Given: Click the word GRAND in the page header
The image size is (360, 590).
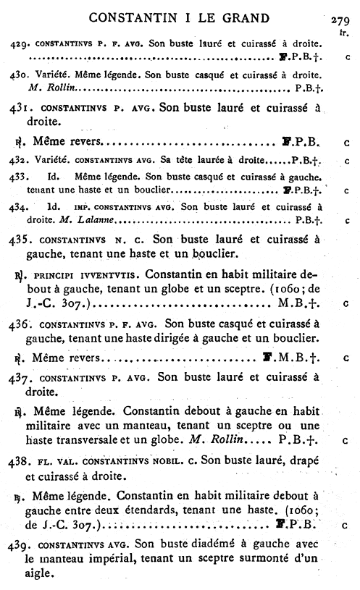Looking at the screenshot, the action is tap(245, 18).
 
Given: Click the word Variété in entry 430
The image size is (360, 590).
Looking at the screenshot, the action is tap(53, 75).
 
